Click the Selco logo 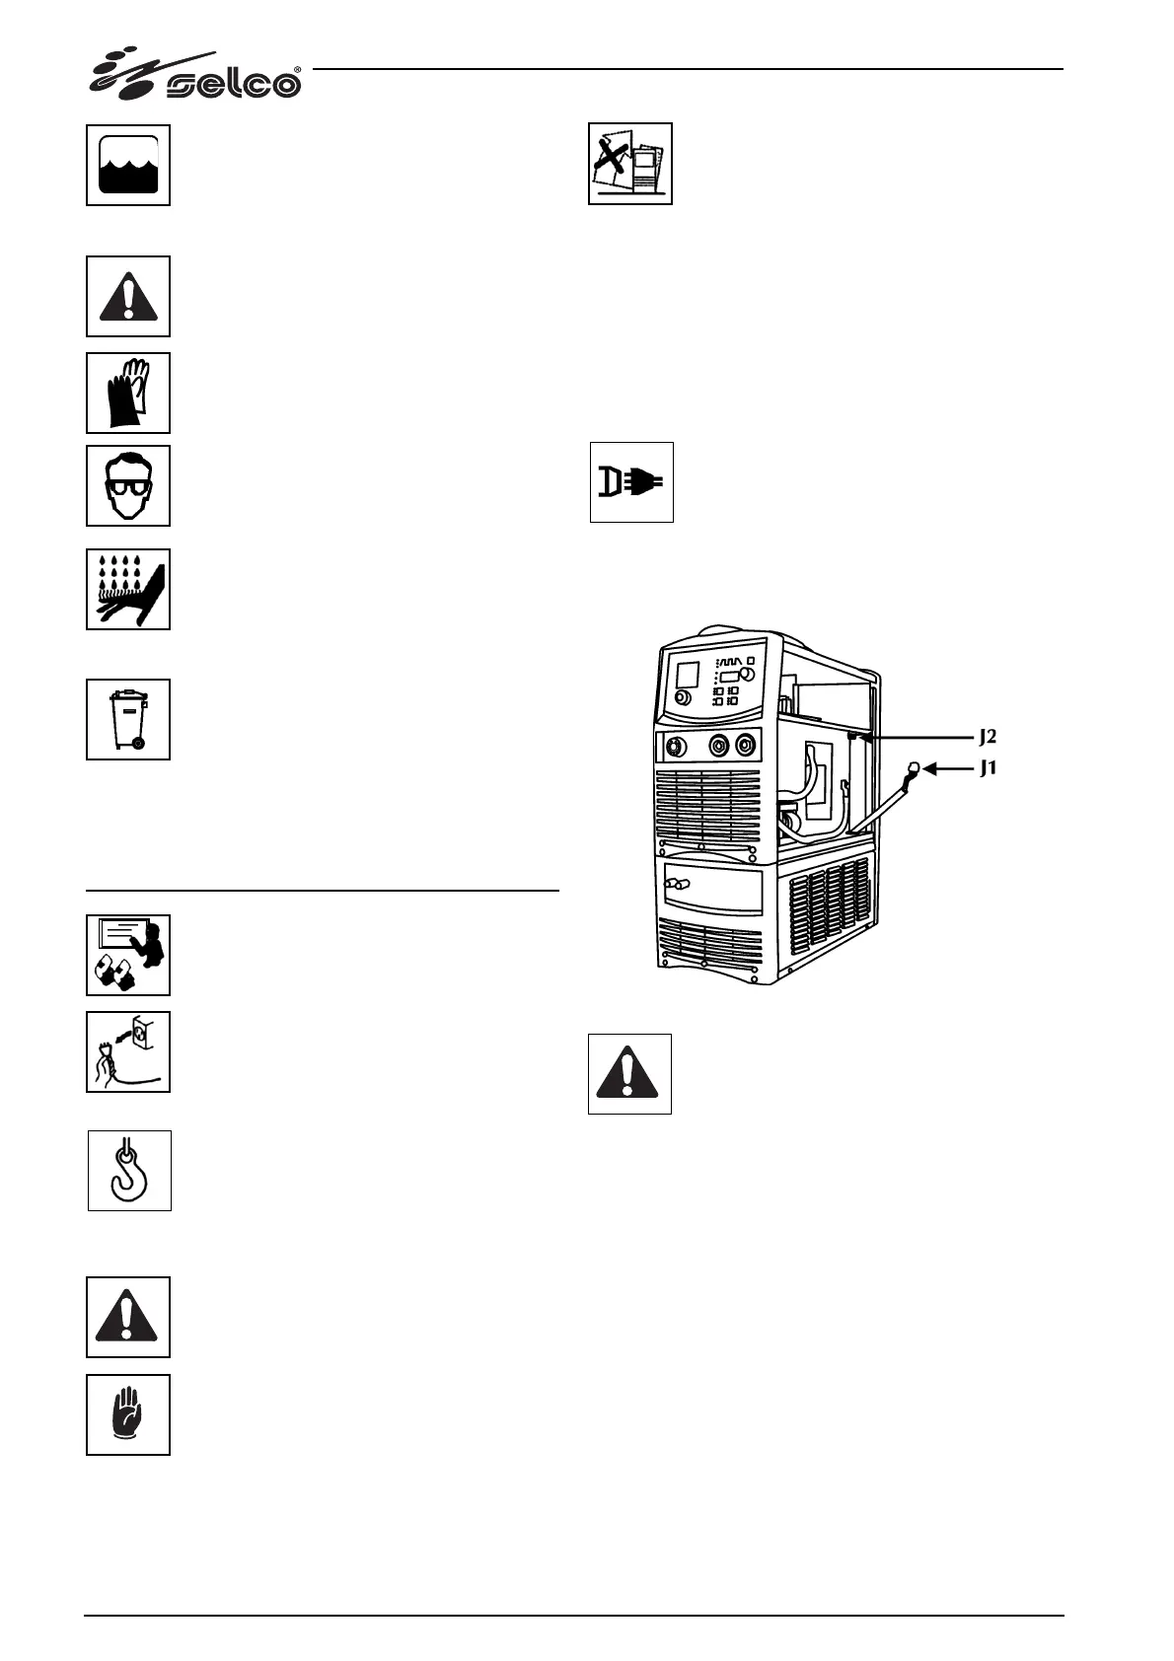click(x=197, y=76)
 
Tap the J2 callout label click(x=989, y=737)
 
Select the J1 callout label click(x=989, y=767)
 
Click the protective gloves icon click(x=128, y=393)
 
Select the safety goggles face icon click(x=128, y=485)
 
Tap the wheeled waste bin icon click(x=128, y=719)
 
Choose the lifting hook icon click(x=129, y=1171)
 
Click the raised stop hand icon click(x=128, y=1414)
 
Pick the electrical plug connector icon click(x=631, y=482)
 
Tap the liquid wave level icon click(x=128, y=165)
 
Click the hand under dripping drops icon click(x=128, y=589)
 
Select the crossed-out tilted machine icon click(x=630, y=164)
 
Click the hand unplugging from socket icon click(x=128, y=1051)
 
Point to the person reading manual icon click(x=128, y=955)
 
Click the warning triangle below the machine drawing click(x=629, y=1074)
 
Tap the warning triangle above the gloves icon click(x=128, y=296)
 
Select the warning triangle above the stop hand click(x=128, y=1317)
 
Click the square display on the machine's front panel click(x=687, y=676)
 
